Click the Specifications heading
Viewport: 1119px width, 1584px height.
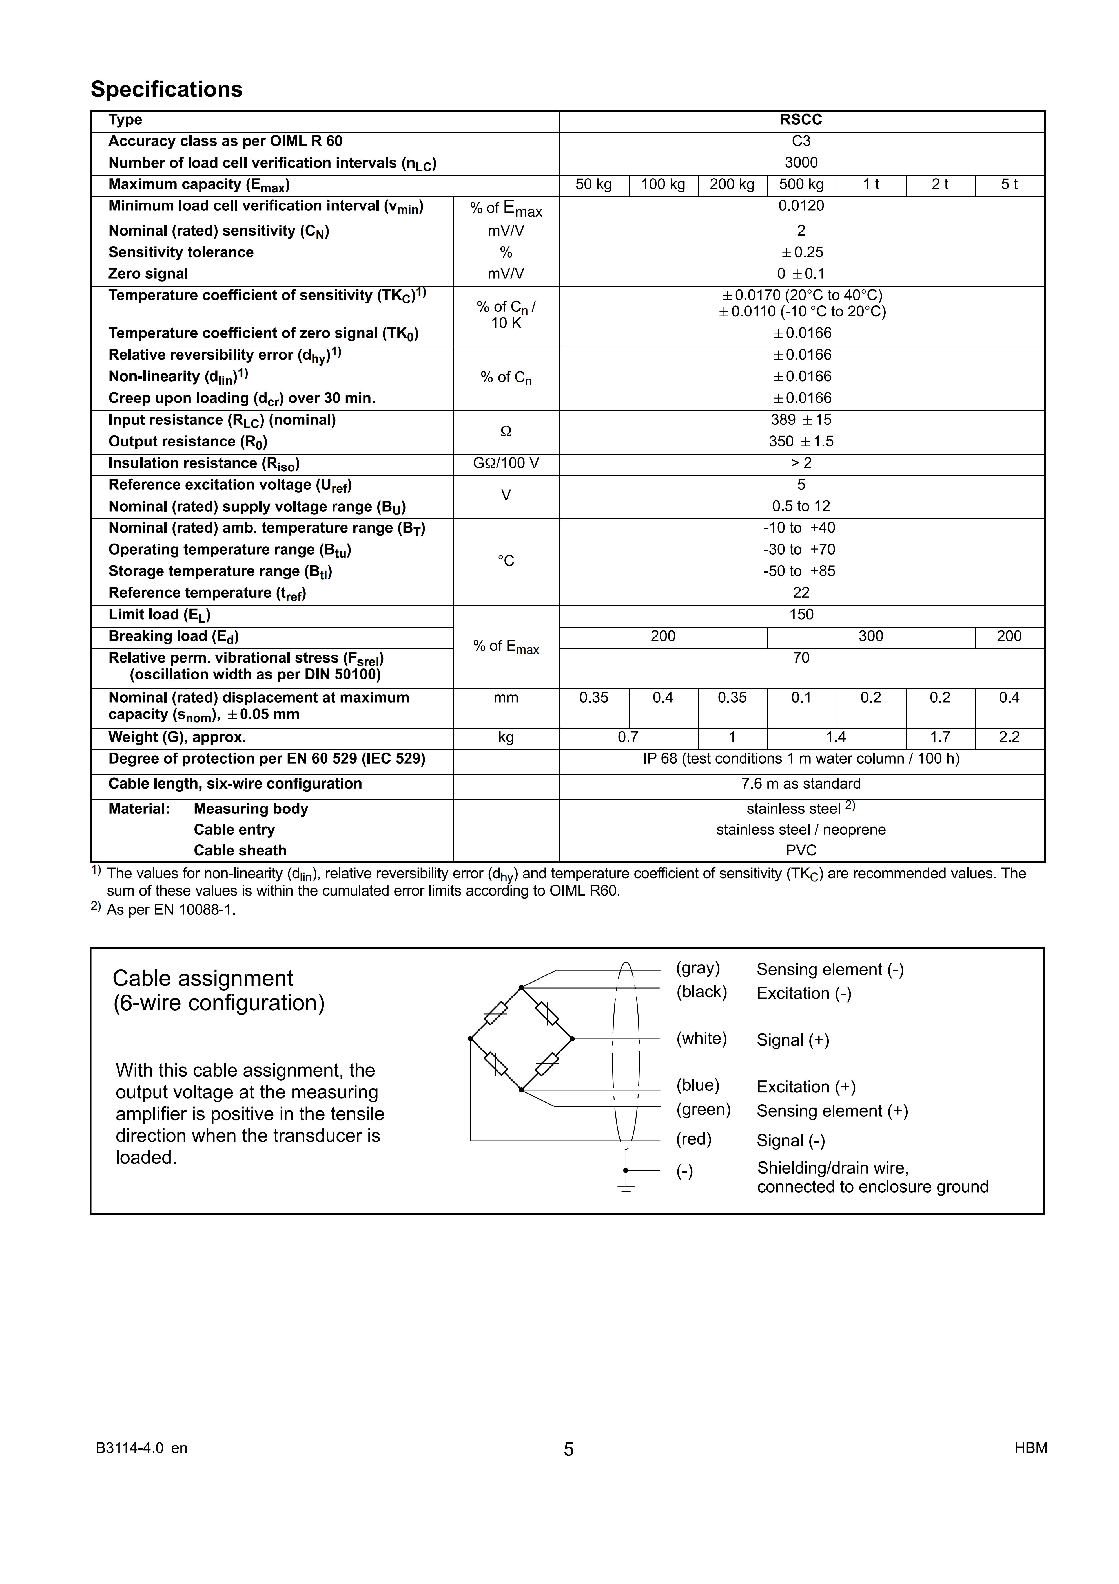point(167,90)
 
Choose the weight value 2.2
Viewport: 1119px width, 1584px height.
point(1009,738)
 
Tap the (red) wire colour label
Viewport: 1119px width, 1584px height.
point(693,1139)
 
